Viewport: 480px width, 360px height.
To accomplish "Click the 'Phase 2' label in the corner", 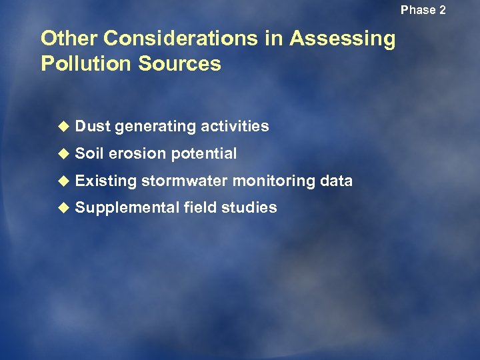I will click(x=423, y=10).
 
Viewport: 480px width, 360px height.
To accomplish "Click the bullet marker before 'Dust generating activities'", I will click(x=63, y=127).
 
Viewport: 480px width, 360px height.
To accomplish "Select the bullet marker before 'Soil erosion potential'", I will click(x=63, y=154).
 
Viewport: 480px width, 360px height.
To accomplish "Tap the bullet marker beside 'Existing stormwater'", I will click(x=63, y=181).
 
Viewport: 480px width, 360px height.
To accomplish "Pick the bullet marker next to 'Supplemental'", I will click(x=63, y=208).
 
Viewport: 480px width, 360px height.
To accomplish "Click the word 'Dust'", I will click(x=93, y=126).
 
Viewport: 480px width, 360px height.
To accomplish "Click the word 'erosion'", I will click(x=137, y=153).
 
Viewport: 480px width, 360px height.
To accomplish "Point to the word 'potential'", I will click(x=203, y=154).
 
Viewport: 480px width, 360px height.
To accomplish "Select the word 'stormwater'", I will click(x=184, y=181).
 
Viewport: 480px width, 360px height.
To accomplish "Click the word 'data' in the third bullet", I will click(x=337, y=181).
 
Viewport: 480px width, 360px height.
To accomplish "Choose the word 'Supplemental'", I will click(x=127, y=208).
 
